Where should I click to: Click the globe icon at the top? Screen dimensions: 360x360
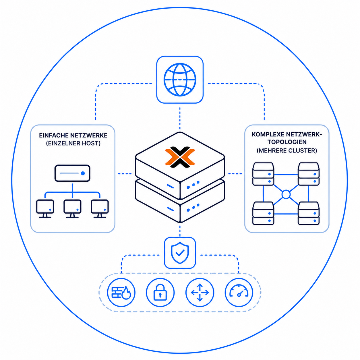click(180, 80)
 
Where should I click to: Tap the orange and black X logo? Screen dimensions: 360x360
click(180, 157)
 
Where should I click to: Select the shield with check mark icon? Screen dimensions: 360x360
click(180, 253)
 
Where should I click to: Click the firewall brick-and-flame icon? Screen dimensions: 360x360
click(121, 293)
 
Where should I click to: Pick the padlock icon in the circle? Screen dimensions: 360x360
click(160, 292)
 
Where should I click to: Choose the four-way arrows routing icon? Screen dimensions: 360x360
click(200, 293)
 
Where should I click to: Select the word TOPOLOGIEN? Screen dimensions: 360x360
click(287, 142)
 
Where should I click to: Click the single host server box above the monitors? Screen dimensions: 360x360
click(72, 173)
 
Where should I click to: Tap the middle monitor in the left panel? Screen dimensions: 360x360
click(72, 209)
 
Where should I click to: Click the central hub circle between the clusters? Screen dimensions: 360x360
click(286, 194)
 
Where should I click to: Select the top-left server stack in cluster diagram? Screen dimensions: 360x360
click(263, 174)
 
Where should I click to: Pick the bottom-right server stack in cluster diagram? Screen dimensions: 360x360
click(308, 213)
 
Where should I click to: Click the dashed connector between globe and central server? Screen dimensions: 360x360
click(180, 118)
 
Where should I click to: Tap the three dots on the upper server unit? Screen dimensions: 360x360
click(193, 185)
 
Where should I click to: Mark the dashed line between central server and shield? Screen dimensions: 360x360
click(180, 231)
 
